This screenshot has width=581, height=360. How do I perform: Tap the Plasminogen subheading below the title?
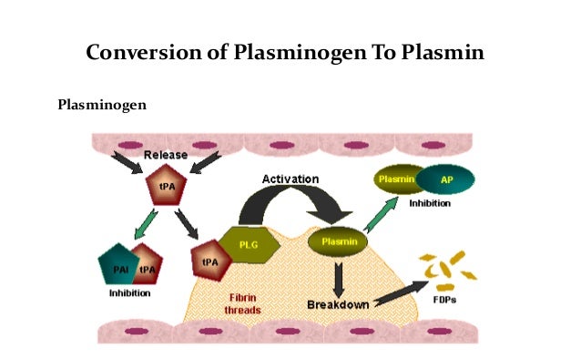pos(101,104)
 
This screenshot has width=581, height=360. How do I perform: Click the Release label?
pos(166,155)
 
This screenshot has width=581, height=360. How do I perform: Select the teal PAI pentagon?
pos(117,266)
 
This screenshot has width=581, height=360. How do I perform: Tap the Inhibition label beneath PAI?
pos(130,293)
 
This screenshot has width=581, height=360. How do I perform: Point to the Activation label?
pos(290,179)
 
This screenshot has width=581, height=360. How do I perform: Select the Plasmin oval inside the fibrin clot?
pos(338,242)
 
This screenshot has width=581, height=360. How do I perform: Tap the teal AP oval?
pos(446,180)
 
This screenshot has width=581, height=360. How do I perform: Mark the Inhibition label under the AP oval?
pos(429,203)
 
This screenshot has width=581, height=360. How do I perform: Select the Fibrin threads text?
pos(242,303)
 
